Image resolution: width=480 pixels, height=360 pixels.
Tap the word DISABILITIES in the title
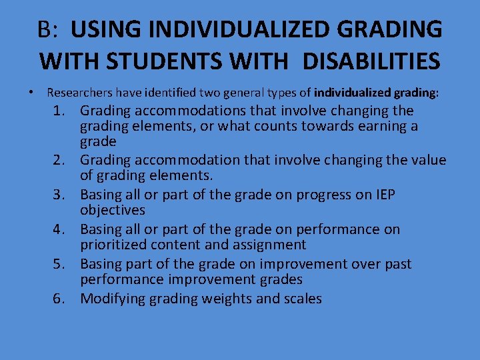tap(371, 61)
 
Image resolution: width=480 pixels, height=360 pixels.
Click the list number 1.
tap(61, 111)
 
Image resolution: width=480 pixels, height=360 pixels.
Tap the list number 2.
tap(61, 160)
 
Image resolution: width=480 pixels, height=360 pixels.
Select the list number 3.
tap(61, 195)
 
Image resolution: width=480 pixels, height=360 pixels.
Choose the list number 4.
tap(61, 229)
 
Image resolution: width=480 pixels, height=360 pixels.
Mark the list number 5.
tap(61, 264)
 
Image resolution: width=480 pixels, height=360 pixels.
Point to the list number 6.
tap(61, 299)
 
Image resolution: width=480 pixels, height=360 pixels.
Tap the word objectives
tap(113, 210)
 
